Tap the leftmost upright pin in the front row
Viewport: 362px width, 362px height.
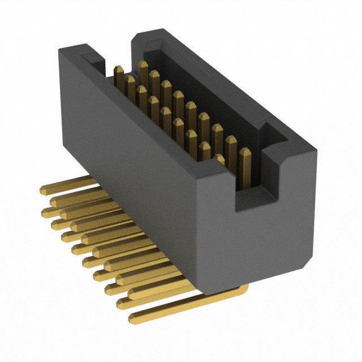tap(119, 76)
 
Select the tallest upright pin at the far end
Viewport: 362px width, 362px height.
tap(143, 71)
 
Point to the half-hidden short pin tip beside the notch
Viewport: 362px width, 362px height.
tap(219, 160)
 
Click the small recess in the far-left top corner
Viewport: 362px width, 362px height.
tap(92, 57)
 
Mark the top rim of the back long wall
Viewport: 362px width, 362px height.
tap(226, 85)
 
